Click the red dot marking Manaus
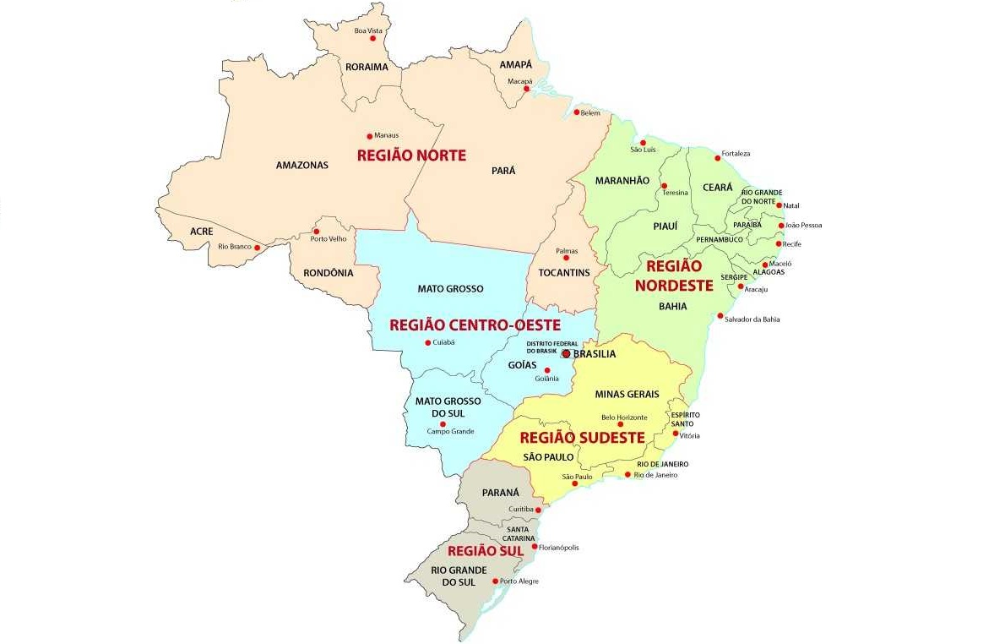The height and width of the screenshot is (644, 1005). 369,136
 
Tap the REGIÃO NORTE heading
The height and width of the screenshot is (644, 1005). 411,156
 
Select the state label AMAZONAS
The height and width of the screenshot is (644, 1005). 301,166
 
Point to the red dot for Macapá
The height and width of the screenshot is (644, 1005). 527,89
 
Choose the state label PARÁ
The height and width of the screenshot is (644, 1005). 502,171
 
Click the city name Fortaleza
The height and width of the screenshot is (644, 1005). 735,154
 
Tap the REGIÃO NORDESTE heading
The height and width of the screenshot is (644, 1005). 673,276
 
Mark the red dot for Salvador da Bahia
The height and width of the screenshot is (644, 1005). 720,316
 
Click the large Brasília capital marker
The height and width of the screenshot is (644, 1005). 566,354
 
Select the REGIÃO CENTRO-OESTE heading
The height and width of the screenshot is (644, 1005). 474,325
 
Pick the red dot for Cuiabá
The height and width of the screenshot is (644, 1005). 426,342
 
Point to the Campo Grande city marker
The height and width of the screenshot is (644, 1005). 442,424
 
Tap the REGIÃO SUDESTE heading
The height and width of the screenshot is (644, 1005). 582,438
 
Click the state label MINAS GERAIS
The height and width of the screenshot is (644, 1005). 627,395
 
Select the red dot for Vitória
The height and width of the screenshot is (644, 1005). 675,434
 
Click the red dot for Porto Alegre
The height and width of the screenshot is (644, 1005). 494,581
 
